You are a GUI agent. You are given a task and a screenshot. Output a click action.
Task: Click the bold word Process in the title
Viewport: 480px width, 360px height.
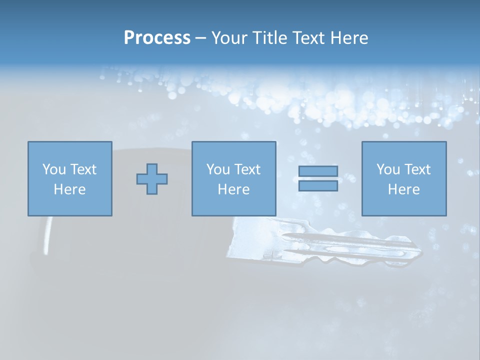point(157,38)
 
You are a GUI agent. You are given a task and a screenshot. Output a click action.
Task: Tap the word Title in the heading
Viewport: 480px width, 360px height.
point(269,38)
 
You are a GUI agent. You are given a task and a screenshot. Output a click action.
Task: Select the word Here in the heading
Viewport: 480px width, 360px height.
point(348,38)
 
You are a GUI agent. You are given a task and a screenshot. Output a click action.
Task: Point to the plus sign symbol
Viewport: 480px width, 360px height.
point(152,179)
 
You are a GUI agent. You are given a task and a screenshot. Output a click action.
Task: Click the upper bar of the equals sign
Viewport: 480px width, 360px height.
point(318,171)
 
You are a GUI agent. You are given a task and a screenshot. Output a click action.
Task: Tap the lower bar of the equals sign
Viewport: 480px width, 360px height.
point(318,185)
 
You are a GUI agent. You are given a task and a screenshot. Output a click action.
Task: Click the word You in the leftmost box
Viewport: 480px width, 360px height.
point(52,169)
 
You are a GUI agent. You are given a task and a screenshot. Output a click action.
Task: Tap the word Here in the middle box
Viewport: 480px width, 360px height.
point(233,189)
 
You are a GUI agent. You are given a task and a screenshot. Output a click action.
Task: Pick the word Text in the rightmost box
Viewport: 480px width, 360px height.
point(416,169)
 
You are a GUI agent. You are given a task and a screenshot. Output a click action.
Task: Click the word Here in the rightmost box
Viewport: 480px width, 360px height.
point(404,189)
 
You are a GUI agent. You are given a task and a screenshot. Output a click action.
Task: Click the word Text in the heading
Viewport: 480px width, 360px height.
point(307,38)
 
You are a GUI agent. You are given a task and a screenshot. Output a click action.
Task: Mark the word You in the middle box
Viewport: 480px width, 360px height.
point(217,169)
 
